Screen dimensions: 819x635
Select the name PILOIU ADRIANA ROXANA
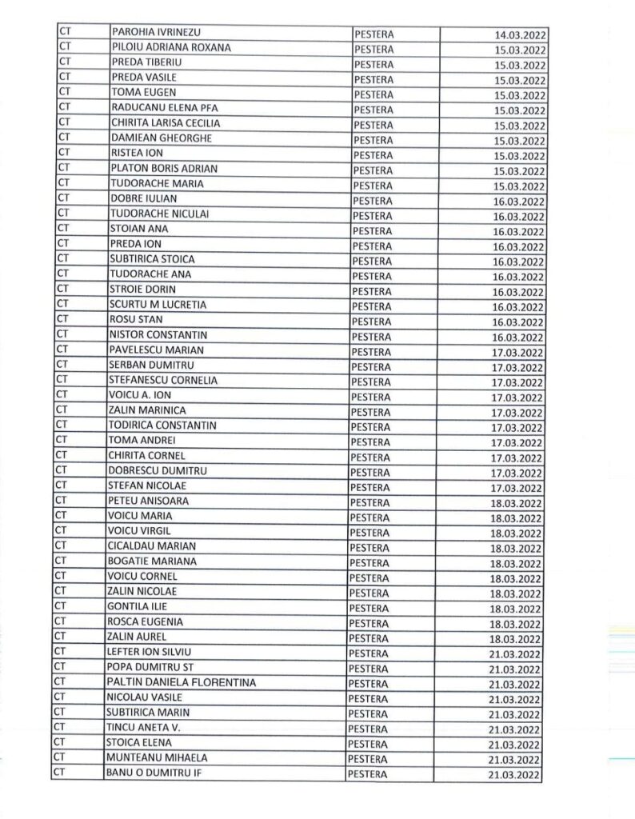[x=172, y=47]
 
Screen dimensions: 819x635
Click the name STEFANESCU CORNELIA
[x=162, y=380]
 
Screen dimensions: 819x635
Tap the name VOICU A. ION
[x=139, y=395]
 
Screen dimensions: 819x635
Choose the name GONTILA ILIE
[x=137, y=606]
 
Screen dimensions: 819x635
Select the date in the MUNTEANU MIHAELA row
[x=513, y=761]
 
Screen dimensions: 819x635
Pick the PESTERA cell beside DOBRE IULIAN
[x=373, y=200]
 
